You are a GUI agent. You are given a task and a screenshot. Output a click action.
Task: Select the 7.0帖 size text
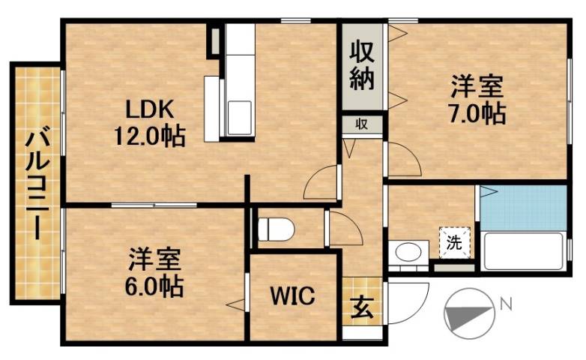[x=477, y=112]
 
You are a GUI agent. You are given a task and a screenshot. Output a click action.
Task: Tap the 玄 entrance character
[x=360, y=307]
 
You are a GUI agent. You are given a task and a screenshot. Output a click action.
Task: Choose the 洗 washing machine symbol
[x=454, y=241]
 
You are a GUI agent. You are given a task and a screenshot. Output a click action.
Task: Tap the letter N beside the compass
[x=506, y=304]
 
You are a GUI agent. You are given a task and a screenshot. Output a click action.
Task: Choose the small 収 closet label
[x=361, y=124]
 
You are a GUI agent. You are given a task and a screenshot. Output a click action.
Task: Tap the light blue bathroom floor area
[x=522, y=207]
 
